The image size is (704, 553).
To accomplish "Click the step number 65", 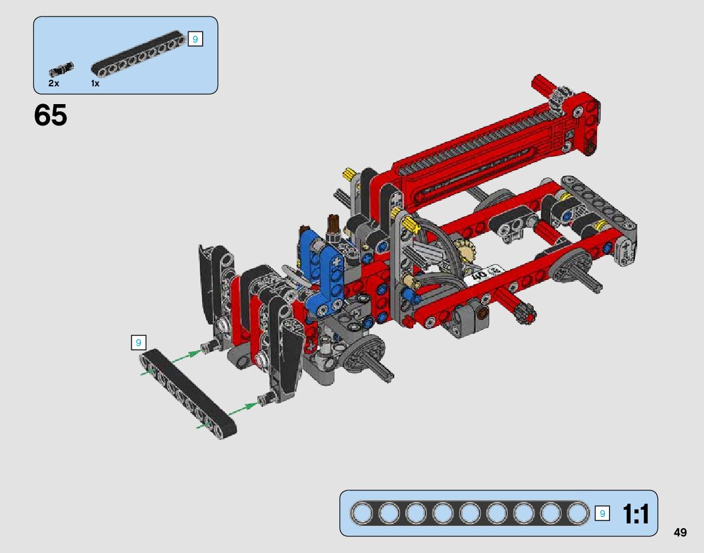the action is tap(50, 115).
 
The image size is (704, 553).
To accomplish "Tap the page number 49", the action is tap(680, 532).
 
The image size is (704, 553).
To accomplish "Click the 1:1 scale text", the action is tap(636, 514).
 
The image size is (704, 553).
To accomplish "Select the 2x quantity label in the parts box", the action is tap(54, 83).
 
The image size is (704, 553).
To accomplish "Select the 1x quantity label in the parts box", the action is tap(95, 83).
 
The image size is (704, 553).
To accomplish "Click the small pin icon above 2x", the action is tap(61, 69).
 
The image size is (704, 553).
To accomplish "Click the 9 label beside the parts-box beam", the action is tap(195, 39).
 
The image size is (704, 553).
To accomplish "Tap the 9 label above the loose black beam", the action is tap(139, 343).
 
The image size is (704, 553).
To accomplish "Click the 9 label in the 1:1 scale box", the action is tap(602, 513).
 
